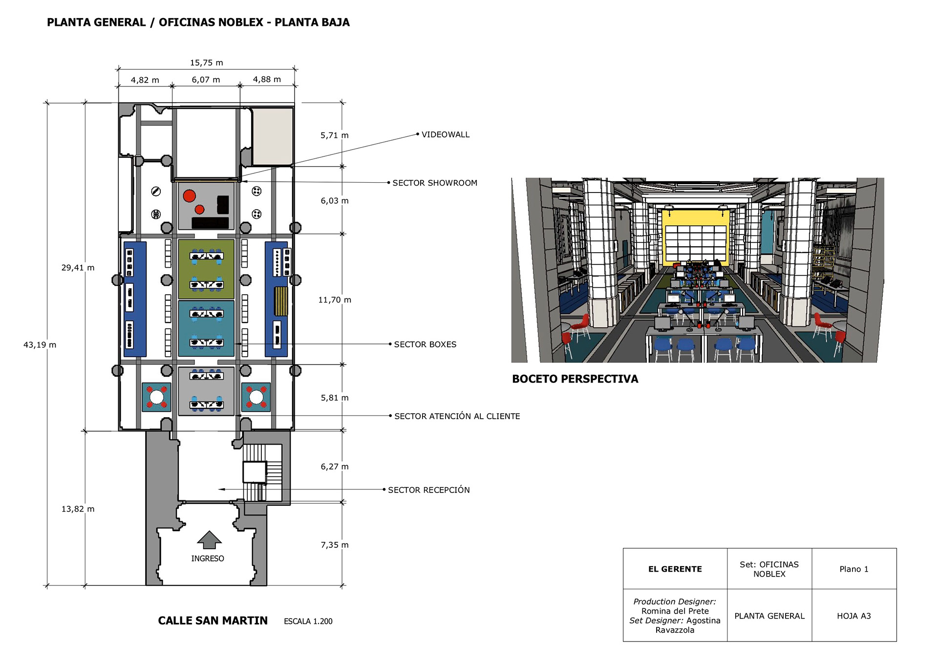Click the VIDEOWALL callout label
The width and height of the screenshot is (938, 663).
[x=445, y=134]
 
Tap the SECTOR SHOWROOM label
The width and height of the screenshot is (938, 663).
[x=434, y=183]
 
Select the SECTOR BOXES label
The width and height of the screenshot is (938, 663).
[x=425, y=344]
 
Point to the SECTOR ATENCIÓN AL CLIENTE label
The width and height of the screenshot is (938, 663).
[x=457, y=416]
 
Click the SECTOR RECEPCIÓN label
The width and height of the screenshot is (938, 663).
[x=428, y=490]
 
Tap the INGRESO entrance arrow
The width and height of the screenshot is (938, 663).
[x=209, y=539]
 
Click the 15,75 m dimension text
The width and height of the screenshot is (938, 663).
[x=206, y=63]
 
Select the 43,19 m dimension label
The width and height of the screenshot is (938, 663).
[x=40, y=345]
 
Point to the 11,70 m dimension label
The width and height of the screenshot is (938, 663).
[x=335, y=300]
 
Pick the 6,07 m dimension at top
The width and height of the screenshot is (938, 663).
[x=206, y=80]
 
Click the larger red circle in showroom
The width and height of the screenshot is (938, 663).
[x=189, y=196]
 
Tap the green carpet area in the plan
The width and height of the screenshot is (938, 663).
[x=206, y=269]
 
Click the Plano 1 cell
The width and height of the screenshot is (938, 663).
[x=853, y=569]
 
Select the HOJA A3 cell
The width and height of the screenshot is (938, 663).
[x=853, y=616]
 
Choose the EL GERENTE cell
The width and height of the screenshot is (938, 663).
[x=675, y=569]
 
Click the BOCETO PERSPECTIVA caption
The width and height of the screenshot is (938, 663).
[x=575, y=379]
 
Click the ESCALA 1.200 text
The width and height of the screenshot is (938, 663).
[x=308, y=621]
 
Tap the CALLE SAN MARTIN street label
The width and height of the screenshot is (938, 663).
[x=213, y=620]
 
